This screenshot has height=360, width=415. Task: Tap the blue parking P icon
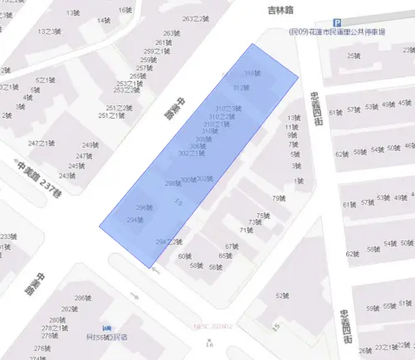[336, 22]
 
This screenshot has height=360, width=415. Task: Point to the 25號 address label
[354, 56]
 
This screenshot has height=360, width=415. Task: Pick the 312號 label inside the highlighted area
[241, 87]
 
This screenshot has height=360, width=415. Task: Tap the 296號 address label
[144, 207]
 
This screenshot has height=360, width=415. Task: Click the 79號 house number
[279, 197]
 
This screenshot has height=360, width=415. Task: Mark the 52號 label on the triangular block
[284, 294]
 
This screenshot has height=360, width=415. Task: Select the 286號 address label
[81, 298]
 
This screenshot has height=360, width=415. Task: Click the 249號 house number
[90, 145]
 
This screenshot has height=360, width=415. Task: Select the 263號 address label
[171, 33]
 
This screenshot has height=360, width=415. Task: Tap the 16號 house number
[124, 11]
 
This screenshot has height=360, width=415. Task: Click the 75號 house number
[263, 216]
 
